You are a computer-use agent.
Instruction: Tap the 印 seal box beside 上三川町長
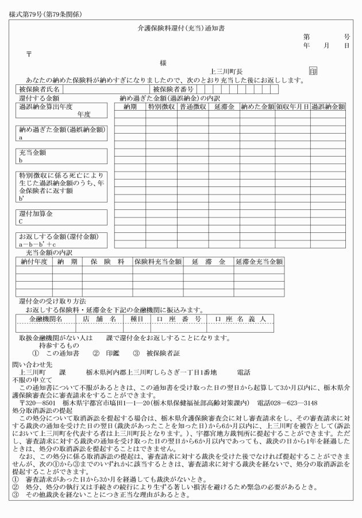point(313,72)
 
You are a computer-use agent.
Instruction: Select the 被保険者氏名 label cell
point(39,89)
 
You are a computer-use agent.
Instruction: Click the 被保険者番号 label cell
point(174,89)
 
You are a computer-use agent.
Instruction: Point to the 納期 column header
point(130,106)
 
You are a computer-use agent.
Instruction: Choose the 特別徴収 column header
point(161,106)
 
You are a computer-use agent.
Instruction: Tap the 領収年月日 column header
point(292,106)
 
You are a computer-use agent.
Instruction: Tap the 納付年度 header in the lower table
point(32,262)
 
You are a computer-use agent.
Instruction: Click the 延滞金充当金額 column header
point(259,262)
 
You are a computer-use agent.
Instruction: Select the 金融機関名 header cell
point(45,318)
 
